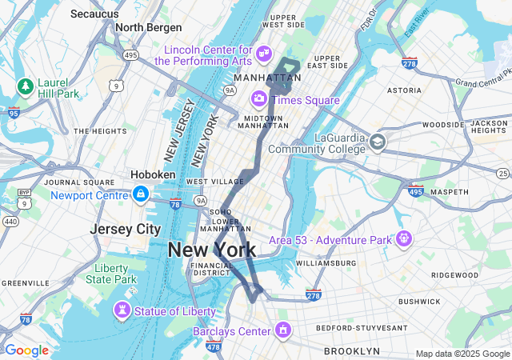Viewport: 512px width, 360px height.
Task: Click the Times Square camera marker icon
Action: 258,99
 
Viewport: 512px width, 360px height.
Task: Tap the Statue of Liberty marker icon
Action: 122,310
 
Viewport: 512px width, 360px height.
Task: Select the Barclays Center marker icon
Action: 282,330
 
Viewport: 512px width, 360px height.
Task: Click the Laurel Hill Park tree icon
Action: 26,86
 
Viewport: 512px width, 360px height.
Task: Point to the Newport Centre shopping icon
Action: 140,194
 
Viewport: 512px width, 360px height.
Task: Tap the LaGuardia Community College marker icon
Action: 377,143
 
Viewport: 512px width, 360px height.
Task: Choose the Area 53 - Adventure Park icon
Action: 404,238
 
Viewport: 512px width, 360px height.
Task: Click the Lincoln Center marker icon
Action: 263,54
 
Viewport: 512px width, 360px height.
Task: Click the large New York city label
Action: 212,250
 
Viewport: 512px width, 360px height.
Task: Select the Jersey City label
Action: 126,229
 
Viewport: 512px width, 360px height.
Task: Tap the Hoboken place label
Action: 153,174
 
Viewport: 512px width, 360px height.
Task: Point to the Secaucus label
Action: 94,14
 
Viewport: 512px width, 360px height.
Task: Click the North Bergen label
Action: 148,27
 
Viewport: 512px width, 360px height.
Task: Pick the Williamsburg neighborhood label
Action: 326,263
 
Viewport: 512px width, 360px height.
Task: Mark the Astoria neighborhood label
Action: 404,90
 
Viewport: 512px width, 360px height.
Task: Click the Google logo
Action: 26,350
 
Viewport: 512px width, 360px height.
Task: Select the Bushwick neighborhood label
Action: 419,302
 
